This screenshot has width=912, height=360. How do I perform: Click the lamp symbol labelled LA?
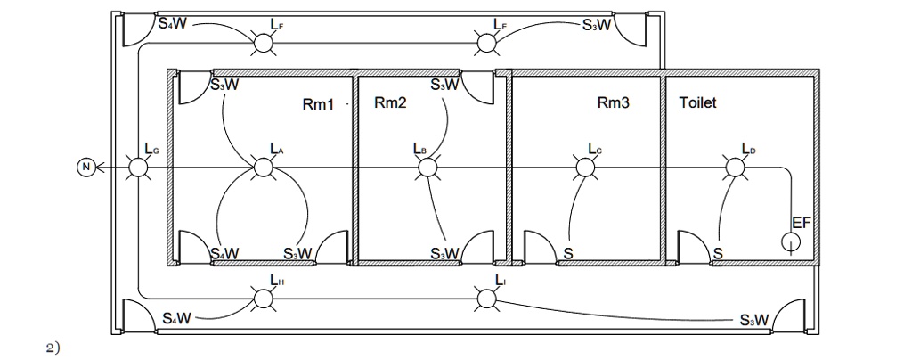pos(263,167)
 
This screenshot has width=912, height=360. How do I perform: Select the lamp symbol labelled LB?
pos(427,167)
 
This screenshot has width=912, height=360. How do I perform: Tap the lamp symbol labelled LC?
pos(584,167)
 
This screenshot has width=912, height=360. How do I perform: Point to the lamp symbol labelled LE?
pos(486,43)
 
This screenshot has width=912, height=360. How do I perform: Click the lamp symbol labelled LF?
pos(263,43)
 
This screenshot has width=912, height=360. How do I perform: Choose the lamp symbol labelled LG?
pos(138,167)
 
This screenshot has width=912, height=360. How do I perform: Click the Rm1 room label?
pos(318,105)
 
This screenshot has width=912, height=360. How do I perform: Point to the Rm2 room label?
pos(390,103)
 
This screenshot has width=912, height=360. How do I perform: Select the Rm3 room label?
pos(613,103)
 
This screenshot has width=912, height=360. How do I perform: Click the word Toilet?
pos(697,103)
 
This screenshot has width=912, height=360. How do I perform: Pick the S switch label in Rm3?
pos(568,255)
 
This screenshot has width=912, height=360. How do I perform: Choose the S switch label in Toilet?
pos(717,255)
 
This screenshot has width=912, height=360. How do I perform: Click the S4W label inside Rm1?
pos(224,254)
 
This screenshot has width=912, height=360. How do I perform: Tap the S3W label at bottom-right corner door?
pos(754,320)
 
